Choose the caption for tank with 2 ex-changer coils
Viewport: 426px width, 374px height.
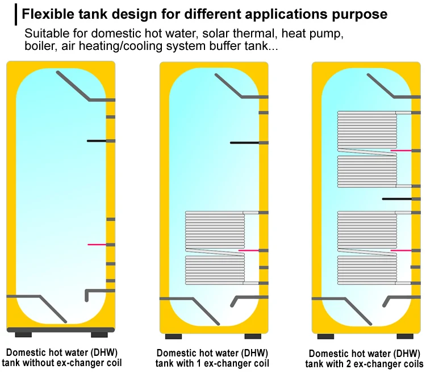click(364, 358)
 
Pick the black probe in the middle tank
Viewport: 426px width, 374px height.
click(244, 142)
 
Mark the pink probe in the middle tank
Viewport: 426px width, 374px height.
click(248, 250)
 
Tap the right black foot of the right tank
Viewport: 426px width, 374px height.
click(405, 336)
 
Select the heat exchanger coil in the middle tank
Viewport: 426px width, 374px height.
click(215, 247)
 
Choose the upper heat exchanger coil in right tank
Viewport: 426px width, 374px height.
click(367, 149)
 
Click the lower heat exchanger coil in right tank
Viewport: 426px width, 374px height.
click(367, 247)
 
